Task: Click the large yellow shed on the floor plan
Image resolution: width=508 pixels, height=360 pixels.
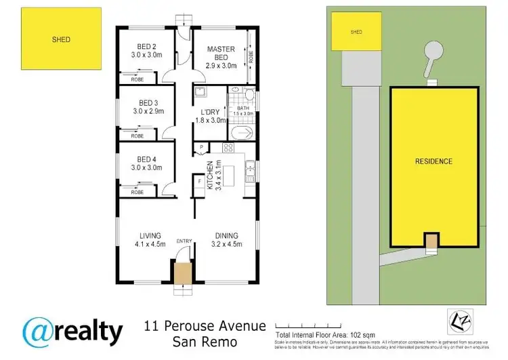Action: [x=62, y=39]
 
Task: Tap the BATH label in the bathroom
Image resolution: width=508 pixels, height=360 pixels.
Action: [x=244, y=108]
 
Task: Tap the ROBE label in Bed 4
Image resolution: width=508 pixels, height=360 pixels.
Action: [x=137, y=192]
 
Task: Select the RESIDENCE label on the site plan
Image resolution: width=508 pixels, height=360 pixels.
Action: [x=433, y=161]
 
